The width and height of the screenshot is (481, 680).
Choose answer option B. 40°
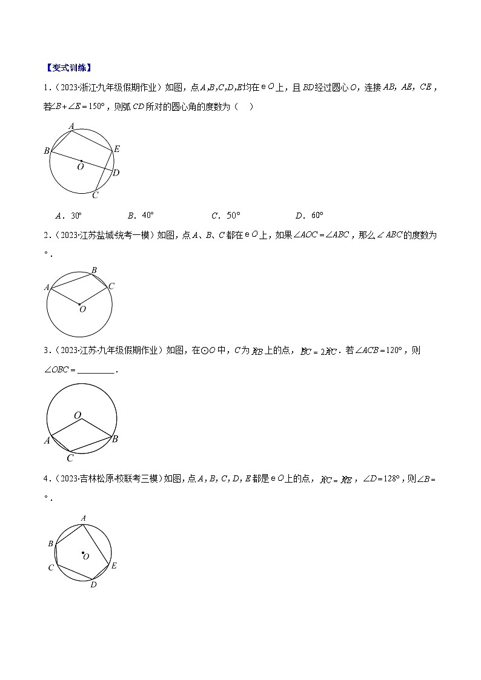(x=141, y=215)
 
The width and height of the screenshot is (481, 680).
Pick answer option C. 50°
(x=225, y=215)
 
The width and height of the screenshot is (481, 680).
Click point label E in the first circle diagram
(x=117, y=149)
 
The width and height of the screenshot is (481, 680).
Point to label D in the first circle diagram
(x=116, y=173)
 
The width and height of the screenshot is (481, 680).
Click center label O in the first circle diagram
(x=80, y=167)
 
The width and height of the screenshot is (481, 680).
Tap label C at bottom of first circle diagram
(x=95, y=195)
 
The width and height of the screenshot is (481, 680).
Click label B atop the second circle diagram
(x=94, y=270)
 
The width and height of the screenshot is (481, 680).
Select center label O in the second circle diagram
(x=82, y=309)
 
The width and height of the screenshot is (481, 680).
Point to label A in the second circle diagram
(x=47, y=287)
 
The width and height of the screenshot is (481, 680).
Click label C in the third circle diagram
(x=70, y=458)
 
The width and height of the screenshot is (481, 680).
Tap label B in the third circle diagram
(x=115, y=439)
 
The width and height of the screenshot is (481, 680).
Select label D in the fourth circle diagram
(x=93, y=584)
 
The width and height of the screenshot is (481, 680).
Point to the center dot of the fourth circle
(x=82, y=552)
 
